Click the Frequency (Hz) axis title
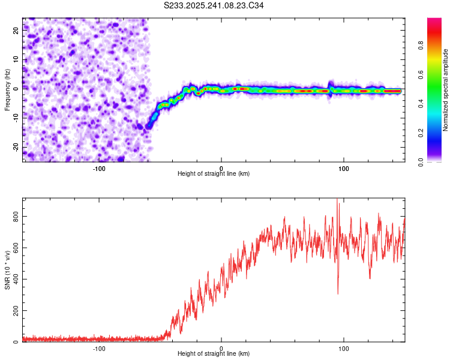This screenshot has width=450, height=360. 7,89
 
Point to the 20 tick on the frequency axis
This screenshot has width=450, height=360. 17,31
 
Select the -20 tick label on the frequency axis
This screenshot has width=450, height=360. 17,147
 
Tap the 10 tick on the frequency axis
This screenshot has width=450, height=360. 17,60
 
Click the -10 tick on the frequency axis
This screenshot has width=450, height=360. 17,118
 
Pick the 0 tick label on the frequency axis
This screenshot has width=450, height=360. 17,89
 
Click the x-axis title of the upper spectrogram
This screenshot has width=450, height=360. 214,173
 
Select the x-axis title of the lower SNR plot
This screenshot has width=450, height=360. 214,353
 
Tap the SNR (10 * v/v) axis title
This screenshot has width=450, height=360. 7,269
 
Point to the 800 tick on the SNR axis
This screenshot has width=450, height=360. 17,217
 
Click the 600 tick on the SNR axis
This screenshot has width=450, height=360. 17,248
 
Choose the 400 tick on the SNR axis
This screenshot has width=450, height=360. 17,280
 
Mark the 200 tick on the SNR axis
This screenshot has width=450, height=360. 17,311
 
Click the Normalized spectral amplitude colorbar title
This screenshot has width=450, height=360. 446,90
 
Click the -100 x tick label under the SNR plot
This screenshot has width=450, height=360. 99,348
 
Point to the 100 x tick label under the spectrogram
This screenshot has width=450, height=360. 344,168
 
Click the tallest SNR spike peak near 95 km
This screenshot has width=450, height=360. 337,199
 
